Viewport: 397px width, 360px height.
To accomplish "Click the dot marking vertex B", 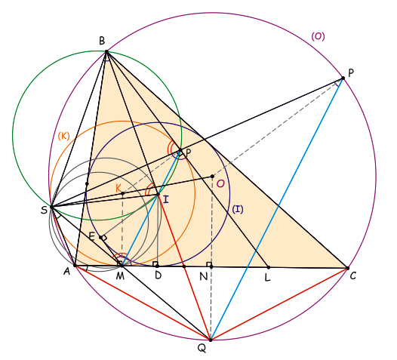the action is [106, 52].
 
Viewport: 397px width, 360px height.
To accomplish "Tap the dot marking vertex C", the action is [348, 268].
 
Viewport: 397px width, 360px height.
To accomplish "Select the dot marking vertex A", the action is [75, 266].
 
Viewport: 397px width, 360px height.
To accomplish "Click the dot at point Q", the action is [211, 340].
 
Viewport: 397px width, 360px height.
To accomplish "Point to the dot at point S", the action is [51, 207].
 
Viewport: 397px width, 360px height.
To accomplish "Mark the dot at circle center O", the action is [212, 176].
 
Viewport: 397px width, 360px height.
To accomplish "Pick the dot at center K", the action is [122, 193].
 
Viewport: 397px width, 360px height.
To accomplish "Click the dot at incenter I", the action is [158, 195].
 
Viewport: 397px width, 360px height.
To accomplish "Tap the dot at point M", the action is [122, 266].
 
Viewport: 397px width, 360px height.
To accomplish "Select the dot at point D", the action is [157, 266].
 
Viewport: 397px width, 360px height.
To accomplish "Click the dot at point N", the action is [211, 266].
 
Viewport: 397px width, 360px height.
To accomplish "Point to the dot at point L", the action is [269, 267].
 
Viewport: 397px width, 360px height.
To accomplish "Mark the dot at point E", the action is [101, 238].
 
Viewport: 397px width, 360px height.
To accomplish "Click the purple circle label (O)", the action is [318, 36].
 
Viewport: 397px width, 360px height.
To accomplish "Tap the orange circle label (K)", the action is [63, 136].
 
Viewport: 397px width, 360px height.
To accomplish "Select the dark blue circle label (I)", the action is [238, 209].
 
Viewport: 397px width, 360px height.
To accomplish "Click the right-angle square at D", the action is [155, 264].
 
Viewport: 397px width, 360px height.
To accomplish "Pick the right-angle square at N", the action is [209, 264].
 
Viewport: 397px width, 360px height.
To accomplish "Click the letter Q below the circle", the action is [202, 349].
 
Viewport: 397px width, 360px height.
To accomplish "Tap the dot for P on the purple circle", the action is [343, 78].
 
